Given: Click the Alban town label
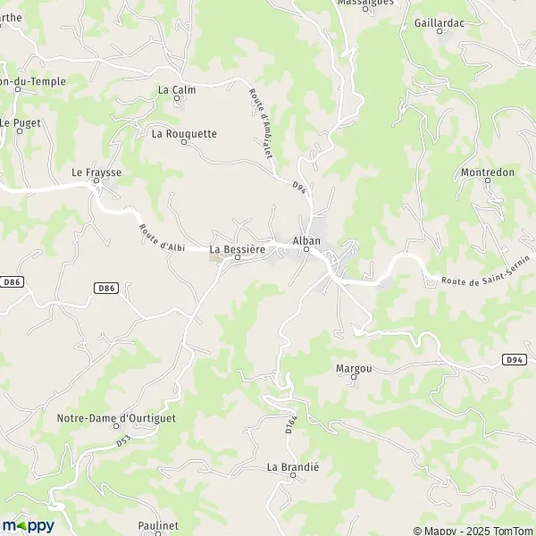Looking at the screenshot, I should pos(306,240).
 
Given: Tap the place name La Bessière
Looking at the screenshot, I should pos(238,248).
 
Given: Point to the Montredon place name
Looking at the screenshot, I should pos(487,172).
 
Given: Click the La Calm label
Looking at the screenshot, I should pos(176,89).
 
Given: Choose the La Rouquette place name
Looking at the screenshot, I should pos(184,134).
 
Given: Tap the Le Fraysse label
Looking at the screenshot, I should pos(96,172).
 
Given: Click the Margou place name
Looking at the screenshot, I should pos(353,368).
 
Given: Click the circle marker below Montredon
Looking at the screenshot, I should pos(488,180).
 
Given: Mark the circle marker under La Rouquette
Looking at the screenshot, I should pos(185,142).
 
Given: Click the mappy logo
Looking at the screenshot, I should pos(29,524).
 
